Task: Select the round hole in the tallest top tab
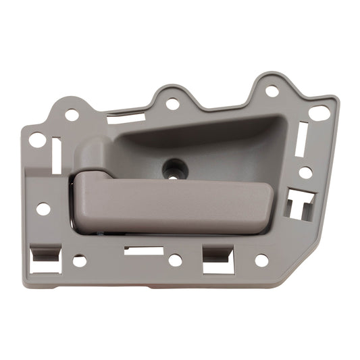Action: click(x=272, y=91)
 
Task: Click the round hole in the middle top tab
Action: click(x=172, y=104)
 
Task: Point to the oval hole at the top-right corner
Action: click(x=319, y=113)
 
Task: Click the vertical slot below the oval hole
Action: click(x=302, y=139)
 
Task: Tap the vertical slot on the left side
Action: click(x=56, y=154)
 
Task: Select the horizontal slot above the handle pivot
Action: click(x=126, y=120)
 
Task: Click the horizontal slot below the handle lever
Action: click(x=144, y=251)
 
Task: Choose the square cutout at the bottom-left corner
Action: click(x=46, y=260)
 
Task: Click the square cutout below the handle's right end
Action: click(x=218, y=259)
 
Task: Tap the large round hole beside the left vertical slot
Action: click(x=38, y=140)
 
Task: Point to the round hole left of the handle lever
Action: click(x=43, y=209)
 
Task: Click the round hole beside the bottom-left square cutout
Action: click(x=80, y=260)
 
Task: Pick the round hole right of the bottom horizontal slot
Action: click(x=175, y=259)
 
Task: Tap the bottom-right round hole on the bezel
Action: click(x=261, y=259)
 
